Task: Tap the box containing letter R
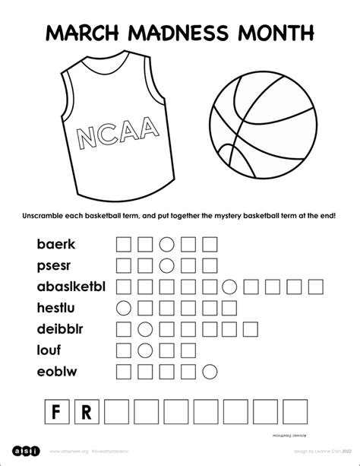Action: pos(86,414)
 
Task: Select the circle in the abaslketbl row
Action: pos(228,287)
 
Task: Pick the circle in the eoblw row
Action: pos(209,372)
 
